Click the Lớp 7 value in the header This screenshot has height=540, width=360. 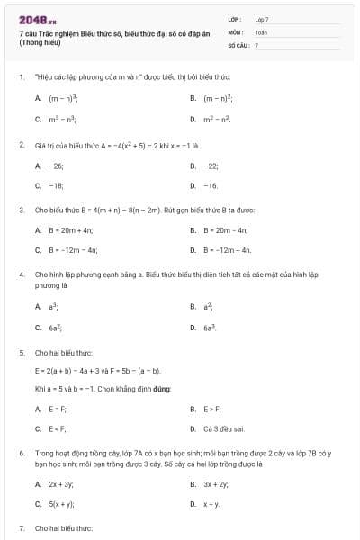pyautogui.click(x=262, y=19)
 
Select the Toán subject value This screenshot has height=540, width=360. pyautogui.click(x=261, y=31)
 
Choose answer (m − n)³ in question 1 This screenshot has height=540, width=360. pyautogui.click(x=65, y=97)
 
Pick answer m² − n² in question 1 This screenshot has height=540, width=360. pyautogui.click(x=216, y=119)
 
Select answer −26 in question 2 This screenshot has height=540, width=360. pyautogui.click(x=56, y=166)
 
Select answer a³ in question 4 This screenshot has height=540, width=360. pyautogui.click(x=54, y=307)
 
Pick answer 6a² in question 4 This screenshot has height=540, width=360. pyautogui.click(x=55, y=328)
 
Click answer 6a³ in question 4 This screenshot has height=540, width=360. pyautogui.click(x=211, y=328)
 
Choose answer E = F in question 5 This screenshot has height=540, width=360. pyautogui.click(x=58, y=409)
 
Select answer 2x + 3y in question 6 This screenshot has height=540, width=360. pyautogui.click(x=60, y=484)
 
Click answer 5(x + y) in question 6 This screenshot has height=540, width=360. pyautogui.click(x=61, y=505)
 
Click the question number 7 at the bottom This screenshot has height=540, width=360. pyautogui.click(x=21, y=528)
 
